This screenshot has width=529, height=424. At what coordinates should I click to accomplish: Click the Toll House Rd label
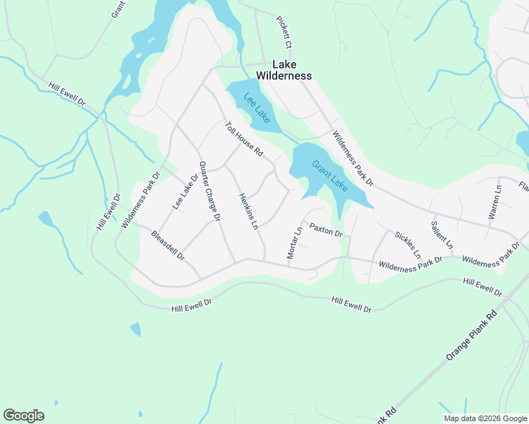click(x=244, y=141)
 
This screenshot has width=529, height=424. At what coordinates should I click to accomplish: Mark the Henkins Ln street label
click(x=247, y=212)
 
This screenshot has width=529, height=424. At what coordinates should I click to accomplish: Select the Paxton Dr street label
click(x=326, y=230)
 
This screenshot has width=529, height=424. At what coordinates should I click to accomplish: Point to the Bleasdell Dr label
click(x=167, y=245)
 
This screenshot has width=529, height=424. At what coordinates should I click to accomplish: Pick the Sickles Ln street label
click(x=408, y=245)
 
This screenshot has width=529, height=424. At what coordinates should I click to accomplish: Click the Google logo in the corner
click(x=23, y=416)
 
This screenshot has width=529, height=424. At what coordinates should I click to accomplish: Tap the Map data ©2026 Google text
click(x=485, y=418)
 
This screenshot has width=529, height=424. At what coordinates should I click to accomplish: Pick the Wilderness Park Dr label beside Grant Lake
click(x=352, y=158)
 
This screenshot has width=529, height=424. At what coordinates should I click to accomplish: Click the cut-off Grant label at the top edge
click(x=117, y=8)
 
